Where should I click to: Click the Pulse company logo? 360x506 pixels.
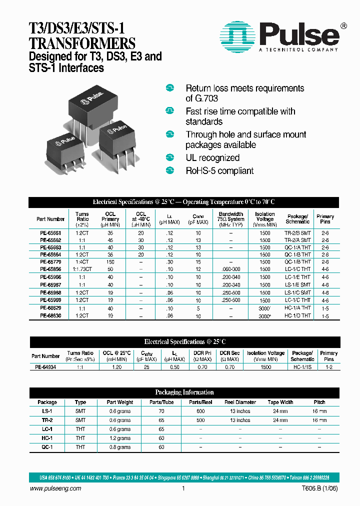click(x=280, y=35)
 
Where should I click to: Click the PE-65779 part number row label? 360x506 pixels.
click(x=50, y=261)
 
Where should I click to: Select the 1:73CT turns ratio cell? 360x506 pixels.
click(x=82, y=269)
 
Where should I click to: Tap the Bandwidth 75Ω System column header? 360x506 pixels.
click(x=230, y=219)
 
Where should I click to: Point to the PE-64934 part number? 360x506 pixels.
click(x=45, y=366)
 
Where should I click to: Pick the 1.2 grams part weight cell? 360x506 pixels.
click(x=119, y=438)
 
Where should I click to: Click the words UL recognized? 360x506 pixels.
click(x=212, y=158)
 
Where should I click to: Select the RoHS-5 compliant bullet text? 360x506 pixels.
click(x=219, y=171)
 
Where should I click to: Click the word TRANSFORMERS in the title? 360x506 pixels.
click(x=75, y=43)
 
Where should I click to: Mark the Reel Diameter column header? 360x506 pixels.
click(x=240, y=402)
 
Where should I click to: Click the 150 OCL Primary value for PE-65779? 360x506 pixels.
click(x=110, y=261)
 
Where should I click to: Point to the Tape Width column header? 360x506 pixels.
click(x=280, y=402)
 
